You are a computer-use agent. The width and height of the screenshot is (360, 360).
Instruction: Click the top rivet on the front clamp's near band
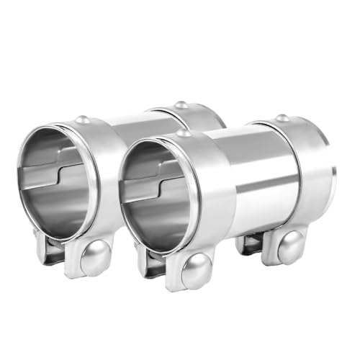(184, 132)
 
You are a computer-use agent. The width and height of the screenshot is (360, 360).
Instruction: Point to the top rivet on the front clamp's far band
(282, 117)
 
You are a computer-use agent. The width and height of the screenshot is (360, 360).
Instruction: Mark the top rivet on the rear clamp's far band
(181, 105)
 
